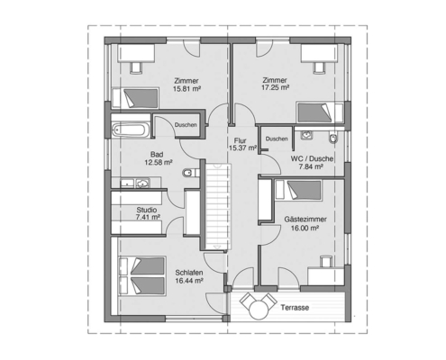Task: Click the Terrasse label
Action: [295, 308]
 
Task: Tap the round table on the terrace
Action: [259, 310]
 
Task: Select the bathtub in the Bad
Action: [131, 130]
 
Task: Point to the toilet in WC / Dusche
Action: [333, 139]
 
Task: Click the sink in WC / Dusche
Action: [306, 135]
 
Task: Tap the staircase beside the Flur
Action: [219, 206]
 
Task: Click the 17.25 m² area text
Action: [275, 87]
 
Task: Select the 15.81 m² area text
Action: [187, 89]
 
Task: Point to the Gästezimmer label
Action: [305, 220]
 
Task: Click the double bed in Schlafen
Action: [142, 276]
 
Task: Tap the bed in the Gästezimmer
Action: [298, 190]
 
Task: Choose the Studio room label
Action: [147, 210]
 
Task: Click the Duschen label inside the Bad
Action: [186, 125]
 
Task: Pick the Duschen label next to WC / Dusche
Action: [277, 139]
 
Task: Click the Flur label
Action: [241, 140]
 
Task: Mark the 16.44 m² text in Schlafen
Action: [189, 281]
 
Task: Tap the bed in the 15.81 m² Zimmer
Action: [135, 98]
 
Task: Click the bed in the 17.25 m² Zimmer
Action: [320, 112]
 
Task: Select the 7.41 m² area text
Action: [148, 217]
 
